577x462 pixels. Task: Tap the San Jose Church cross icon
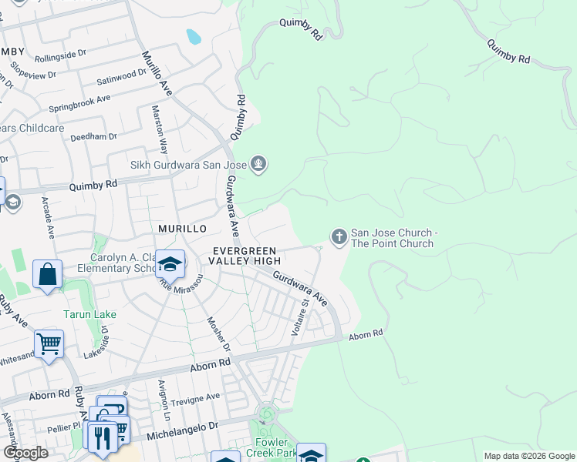[338, 238]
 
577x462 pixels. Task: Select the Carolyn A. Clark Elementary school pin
[170, 266]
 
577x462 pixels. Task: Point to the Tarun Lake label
[84, 314]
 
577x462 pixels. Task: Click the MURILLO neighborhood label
[182, 229]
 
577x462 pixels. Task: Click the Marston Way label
[160, 129]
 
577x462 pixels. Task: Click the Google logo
[25, 453]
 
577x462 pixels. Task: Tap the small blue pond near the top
[193, 36]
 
